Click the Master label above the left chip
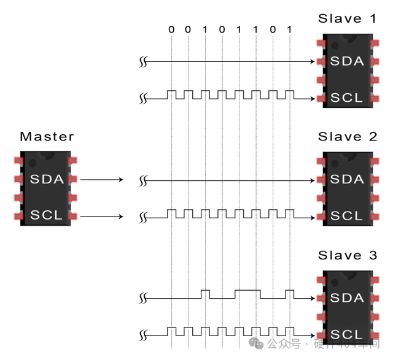[47, 137]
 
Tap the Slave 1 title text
[347, 18]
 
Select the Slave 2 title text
[347, 137]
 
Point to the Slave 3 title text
[347, 255]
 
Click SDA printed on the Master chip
[47, 180]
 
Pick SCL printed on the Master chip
[47, 216]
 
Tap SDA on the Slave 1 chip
[347, 61]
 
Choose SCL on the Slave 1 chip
[347, 98]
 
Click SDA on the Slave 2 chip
[347, 180]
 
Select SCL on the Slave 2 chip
[347, 216]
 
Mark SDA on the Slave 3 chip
[347, 298]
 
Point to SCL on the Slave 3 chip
[347, 334]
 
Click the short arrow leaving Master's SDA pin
[102, 180]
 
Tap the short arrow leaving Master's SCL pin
[102, 216]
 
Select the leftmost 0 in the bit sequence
[171, 29]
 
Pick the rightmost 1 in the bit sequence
[289, 29]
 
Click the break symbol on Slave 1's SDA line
[143, 62]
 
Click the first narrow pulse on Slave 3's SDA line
[206, 291]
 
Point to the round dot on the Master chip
[32, 163]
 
